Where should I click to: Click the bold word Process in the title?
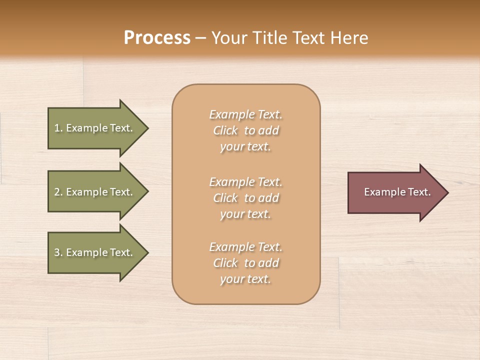(157, 38)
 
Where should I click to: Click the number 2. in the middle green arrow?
(58, 192)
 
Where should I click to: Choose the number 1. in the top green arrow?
(58, 128)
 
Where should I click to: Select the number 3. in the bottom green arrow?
(58, 252)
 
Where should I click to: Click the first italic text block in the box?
(245, 130)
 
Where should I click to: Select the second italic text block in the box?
(245, 198)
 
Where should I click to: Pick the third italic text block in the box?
(245, 263)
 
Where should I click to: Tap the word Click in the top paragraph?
(225, 131)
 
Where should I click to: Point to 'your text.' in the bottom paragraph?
(245, 279)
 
